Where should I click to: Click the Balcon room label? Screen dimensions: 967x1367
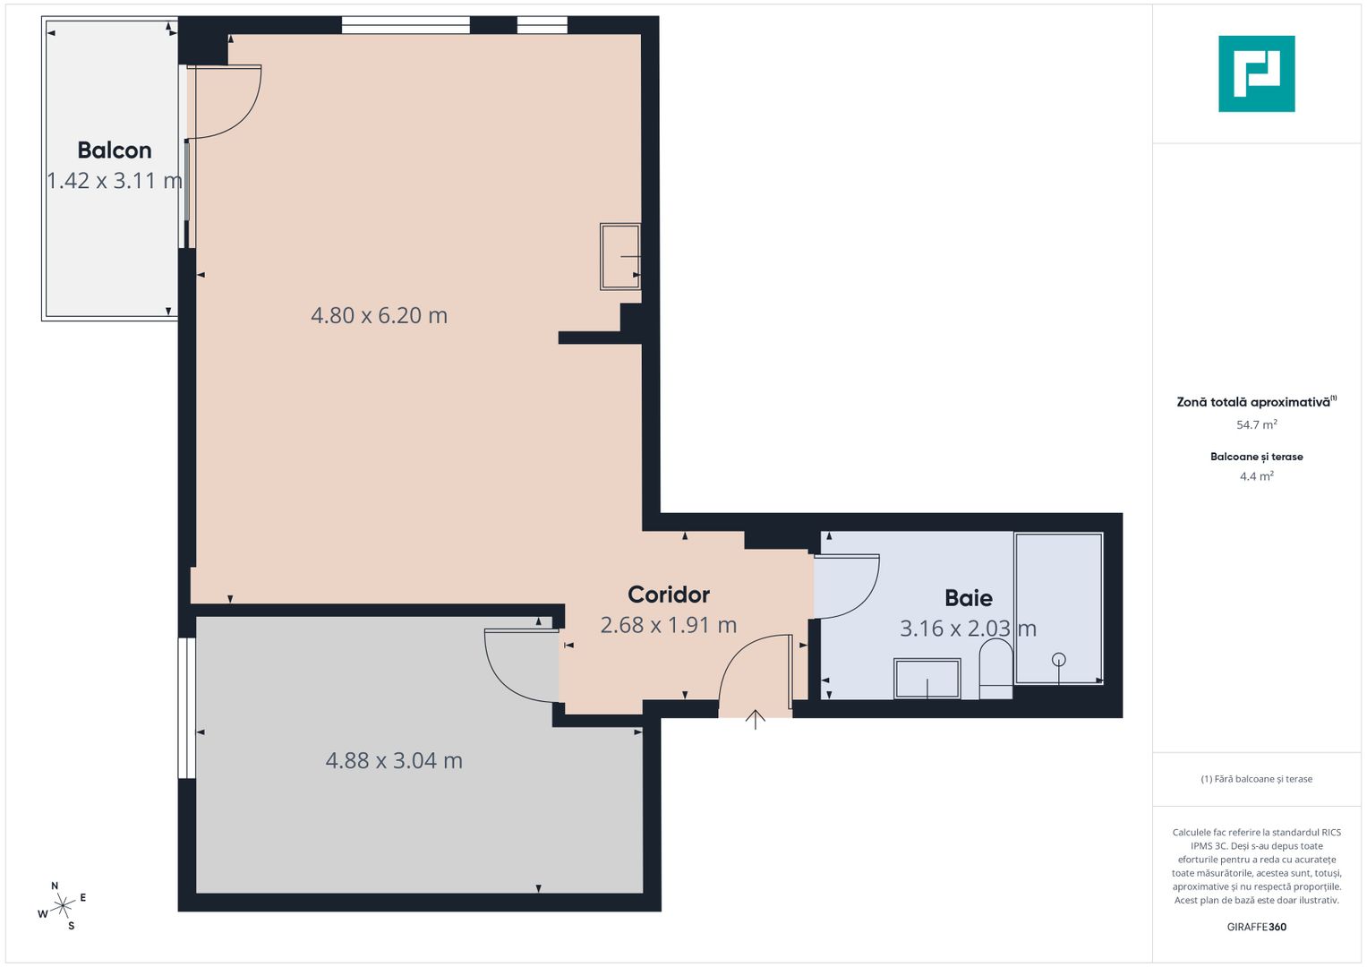coord(115,150)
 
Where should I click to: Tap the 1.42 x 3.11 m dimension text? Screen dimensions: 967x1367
coord(115,181)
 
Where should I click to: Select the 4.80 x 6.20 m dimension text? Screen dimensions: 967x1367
coord(379,315)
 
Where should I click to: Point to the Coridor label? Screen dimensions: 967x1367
coord(669,595)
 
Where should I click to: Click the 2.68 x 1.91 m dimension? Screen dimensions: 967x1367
coord(669,625)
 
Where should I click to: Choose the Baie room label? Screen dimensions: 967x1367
coord(969,598)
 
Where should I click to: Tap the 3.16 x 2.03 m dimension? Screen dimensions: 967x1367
coord(968,629)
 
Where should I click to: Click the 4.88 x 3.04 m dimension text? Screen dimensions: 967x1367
coord(394,760)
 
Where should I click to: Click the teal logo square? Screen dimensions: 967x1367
coord(1256,73)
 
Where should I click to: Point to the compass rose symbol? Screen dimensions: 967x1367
coord(63,906)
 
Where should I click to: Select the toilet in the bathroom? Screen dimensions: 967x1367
coord(995,668)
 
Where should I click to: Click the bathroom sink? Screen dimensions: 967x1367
coord(927,678)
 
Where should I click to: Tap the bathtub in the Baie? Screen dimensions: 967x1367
coord(1058,609)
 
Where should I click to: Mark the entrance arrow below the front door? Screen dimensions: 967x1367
coord(756,718)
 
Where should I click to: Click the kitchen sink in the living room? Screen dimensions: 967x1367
coord(620,256)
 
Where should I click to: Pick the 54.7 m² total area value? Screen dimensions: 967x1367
coord(1256,425)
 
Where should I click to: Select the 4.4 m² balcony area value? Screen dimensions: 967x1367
coord(1256,476)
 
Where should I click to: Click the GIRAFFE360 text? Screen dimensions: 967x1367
coord(1256,927)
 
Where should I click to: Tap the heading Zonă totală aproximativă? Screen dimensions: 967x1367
coord(1253,402)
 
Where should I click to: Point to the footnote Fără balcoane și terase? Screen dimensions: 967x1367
coord(1256,779)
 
